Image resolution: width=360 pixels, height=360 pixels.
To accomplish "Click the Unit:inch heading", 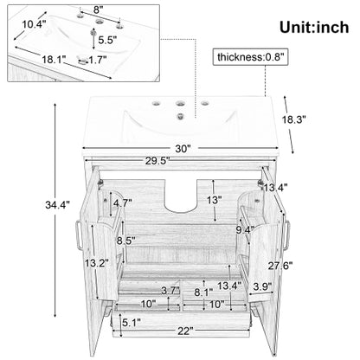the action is click(x=314, y=28).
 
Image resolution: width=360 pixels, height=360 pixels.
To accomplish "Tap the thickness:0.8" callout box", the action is click(x=250, y=57).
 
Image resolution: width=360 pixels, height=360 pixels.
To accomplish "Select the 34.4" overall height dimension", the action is click(x=57, y=205).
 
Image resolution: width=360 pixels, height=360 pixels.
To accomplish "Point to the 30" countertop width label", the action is click(x=183, y=149).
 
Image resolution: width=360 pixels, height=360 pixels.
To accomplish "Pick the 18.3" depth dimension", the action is click(x=293, y=119).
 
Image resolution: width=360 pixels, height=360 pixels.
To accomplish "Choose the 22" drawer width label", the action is click(x=185, y=331).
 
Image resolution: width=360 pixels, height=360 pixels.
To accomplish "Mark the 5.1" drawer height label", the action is click(x=132, y=323).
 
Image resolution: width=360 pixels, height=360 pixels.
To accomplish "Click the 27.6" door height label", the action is click(x=280, y=266).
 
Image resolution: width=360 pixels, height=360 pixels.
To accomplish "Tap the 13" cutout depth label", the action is click(x=214, y=200).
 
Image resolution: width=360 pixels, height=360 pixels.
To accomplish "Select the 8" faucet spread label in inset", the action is click(x=98, y=10).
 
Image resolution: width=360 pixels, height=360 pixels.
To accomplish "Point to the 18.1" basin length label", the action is click(x=54, y=60).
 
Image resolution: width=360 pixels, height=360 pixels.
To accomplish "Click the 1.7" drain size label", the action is click(x=98, y=60).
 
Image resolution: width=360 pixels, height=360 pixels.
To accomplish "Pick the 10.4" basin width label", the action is click(x=35, y=24).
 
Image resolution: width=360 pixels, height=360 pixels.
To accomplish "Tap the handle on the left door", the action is click(x=78, y=235).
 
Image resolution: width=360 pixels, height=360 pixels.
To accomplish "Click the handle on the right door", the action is click(x=286, y=235).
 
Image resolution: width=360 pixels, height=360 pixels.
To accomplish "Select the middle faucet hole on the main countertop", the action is click(x=181, y=102).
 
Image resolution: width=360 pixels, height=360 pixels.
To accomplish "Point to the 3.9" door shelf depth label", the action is click(x=262, y=286).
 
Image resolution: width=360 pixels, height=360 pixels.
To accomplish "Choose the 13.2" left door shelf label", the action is click(x=96, y=263).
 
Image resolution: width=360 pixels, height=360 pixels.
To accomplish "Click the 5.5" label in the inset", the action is click(x=107, y=40).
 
